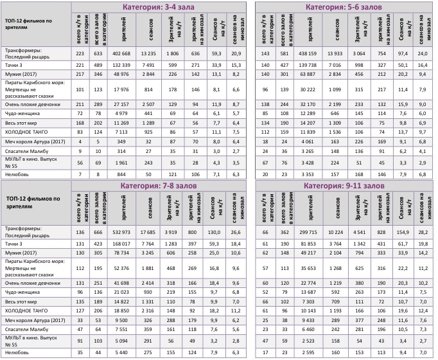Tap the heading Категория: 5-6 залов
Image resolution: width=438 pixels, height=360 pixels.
[344, 7]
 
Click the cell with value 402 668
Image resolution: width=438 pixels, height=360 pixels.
[121, 53]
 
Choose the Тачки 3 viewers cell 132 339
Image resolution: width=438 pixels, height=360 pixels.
[121, 65]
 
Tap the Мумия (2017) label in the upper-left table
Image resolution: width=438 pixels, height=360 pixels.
[19, 75]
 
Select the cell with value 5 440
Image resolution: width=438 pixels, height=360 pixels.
[121, 352]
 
